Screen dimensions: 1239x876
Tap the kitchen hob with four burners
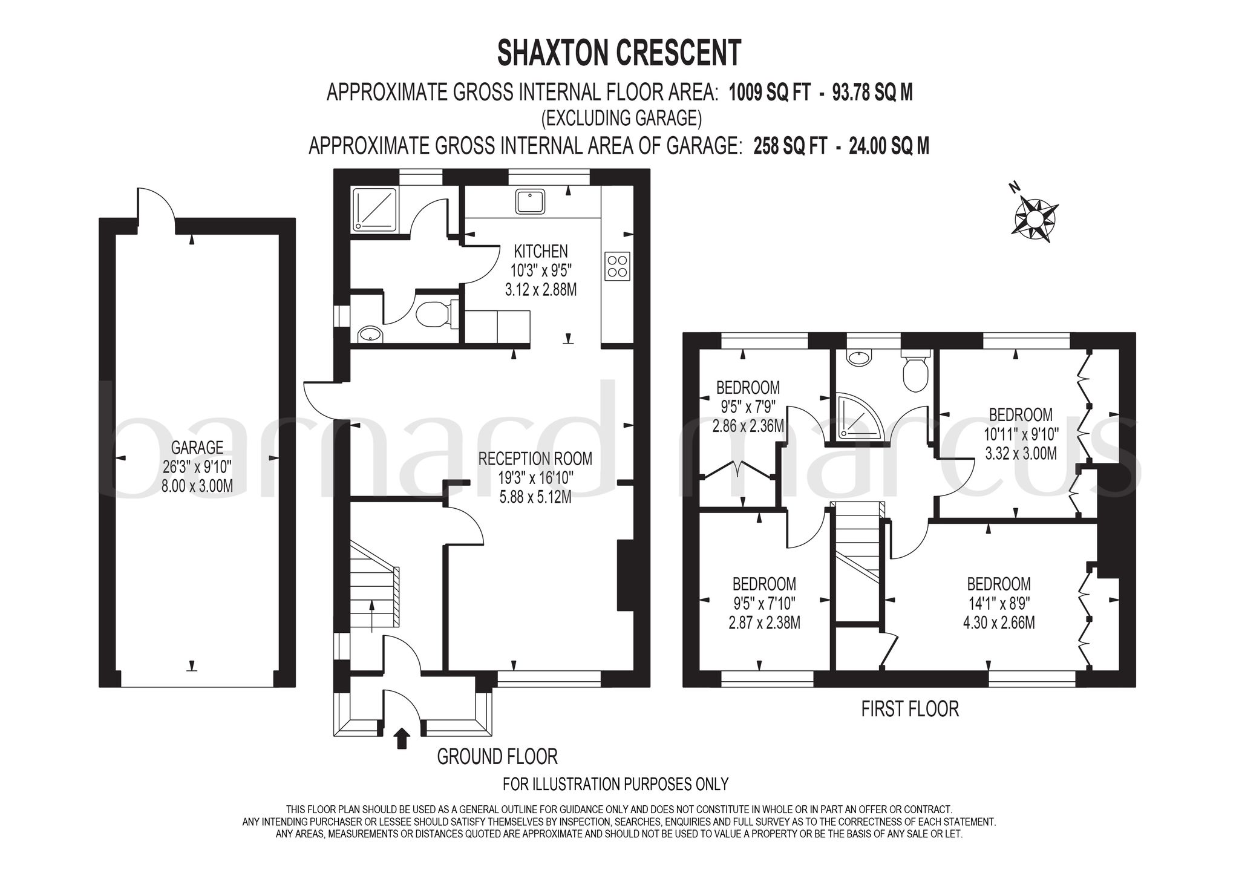pyautogui.click(x=617, y=266)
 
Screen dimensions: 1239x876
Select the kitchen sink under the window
pyautogui.click(x=530, y=201)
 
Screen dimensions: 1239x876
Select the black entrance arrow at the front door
pyautogui.click(x=402, y=739)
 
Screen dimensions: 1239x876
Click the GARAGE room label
pyautogui.click(x=197, y=448)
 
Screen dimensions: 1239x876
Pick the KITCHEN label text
pyautogui.click(x=541, y=250)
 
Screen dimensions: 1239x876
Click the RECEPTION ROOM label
pyautogui.click(x=535, y=458)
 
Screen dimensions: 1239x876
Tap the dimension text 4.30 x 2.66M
pyautogui.click(x=999, y=622)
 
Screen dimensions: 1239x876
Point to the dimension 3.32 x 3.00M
pyautogui.click(x=1021, y=453)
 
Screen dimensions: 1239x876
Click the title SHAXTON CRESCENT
pyautogui.click(x=619, y=53)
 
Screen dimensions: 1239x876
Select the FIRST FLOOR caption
pyautogui.click(x=910, y=708)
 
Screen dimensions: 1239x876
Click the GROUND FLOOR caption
pyautogui.click(x=497, y=756)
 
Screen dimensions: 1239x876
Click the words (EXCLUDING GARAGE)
pyautogui.click(x=622, y=119)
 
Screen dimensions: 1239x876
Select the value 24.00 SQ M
pyautogui.click(x=890, y=146)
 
